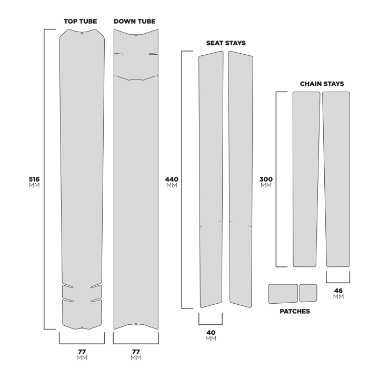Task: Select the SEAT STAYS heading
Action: (x=226, y=43)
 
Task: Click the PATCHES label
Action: (x=294, y=311)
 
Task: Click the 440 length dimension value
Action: (x=172, y=179)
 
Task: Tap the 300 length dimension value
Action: (x=266, y=179)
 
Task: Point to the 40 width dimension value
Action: (x=210, y=332)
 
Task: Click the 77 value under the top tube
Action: (x=82, y=351)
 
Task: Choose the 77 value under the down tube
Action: (x=135, y=351)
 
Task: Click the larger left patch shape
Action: (x=283, y=294)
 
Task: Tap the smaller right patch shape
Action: (x=308, y=293)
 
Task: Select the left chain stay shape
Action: (x=306, y=179)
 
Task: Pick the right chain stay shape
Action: (x=337, y=179)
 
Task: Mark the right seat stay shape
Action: (x=242, y=179)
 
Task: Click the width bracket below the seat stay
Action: (x=210, y=320)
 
